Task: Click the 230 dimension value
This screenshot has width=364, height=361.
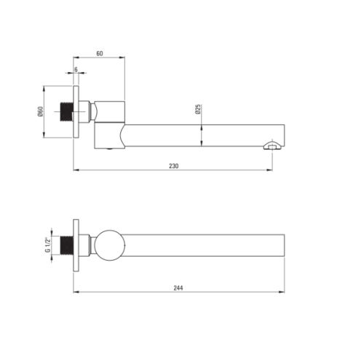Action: coord(173,166)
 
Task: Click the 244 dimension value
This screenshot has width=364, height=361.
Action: coord(178,288)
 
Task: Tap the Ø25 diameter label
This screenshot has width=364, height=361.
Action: coord(198,109)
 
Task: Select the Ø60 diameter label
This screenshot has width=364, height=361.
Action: coord(40,111)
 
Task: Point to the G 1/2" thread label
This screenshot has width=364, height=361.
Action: coord(48,245)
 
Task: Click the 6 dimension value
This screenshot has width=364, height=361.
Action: coord(76,70)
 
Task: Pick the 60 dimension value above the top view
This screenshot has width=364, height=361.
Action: coord(100,53)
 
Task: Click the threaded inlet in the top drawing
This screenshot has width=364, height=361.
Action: coord(66,111)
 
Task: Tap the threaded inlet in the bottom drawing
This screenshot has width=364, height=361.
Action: coord(66,245)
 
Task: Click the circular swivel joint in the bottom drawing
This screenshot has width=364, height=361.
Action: coord(110,245)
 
